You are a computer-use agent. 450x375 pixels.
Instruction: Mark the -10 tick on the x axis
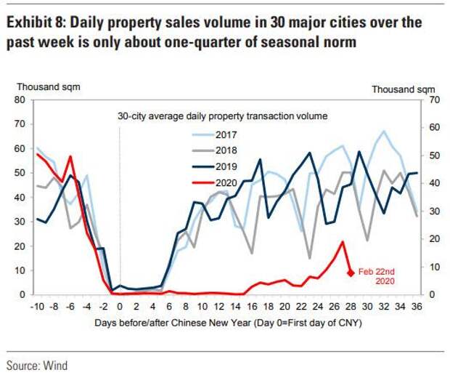(x=36, y=306)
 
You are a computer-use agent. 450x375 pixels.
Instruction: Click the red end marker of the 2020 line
(x=351, y=273)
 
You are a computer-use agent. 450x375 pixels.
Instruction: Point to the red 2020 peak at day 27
(x=342, y=242)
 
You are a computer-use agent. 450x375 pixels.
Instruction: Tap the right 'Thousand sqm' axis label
(x=404, y=89)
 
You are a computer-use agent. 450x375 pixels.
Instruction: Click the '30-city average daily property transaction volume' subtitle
(x=222, y=116)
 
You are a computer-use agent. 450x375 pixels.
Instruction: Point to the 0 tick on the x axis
(x=119, y=306)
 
